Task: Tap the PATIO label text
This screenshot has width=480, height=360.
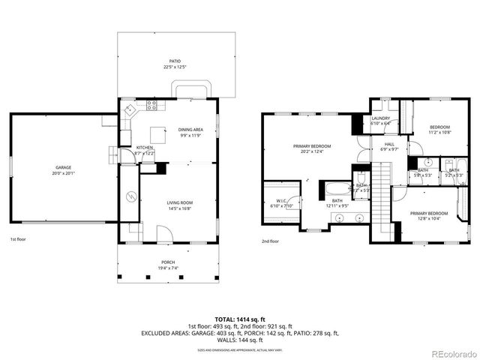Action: click(x=175, y=61)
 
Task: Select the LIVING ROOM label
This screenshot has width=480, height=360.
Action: click(x=179, y=202)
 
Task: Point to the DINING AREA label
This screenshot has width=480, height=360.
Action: click(x=190, y=130)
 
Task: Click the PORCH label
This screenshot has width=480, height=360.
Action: click(x=168, y=262)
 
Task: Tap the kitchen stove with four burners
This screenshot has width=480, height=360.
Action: click(x=151, y=105)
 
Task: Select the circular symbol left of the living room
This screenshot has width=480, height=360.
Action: click(x=130, y=197)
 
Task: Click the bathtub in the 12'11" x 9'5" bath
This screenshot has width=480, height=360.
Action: click(x=337, y=188)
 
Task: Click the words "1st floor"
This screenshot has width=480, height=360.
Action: click(x=18, y=239)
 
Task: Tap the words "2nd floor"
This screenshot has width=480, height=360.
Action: click(x=270, y=241)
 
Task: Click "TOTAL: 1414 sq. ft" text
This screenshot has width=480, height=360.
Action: click(x=239, y=319)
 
